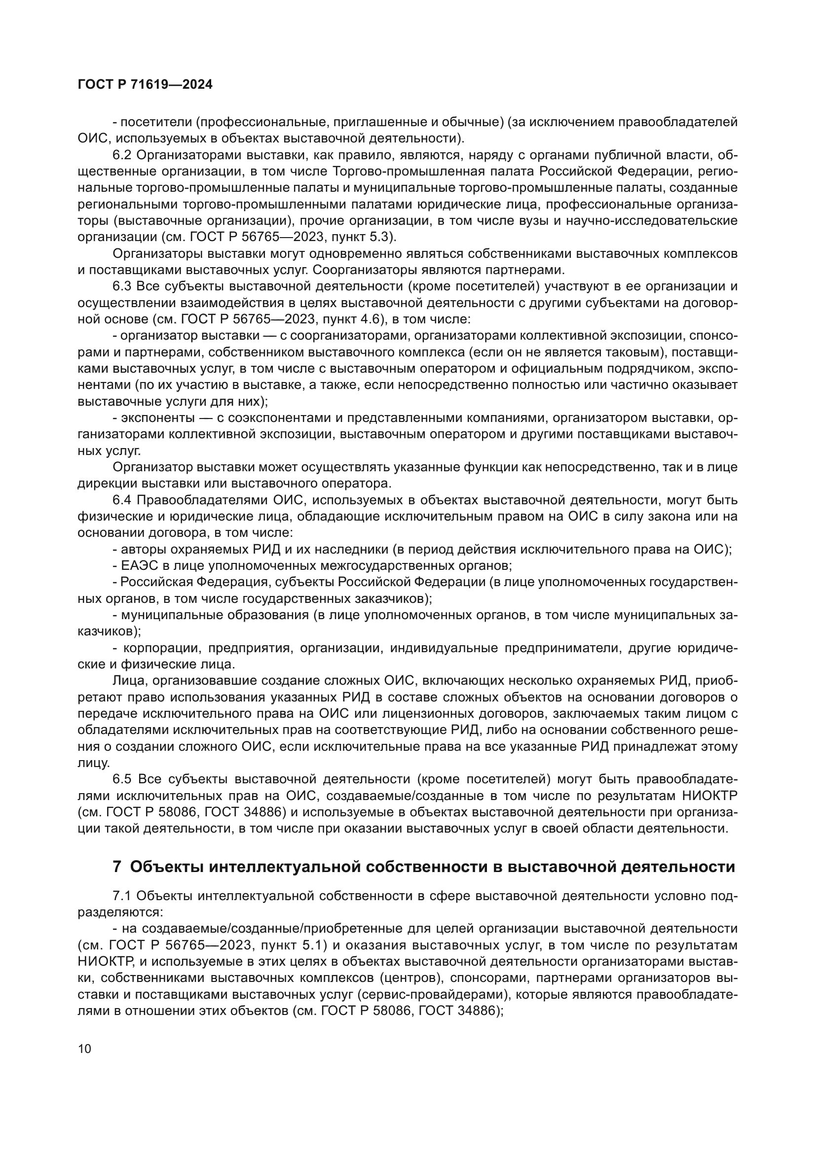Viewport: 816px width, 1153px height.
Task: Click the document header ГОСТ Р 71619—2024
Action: coord(145,84)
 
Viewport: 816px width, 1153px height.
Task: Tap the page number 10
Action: coord(85,1048)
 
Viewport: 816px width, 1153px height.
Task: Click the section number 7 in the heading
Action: coord(116,867)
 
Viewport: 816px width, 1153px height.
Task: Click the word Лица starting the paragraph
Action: coord(128,681)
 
